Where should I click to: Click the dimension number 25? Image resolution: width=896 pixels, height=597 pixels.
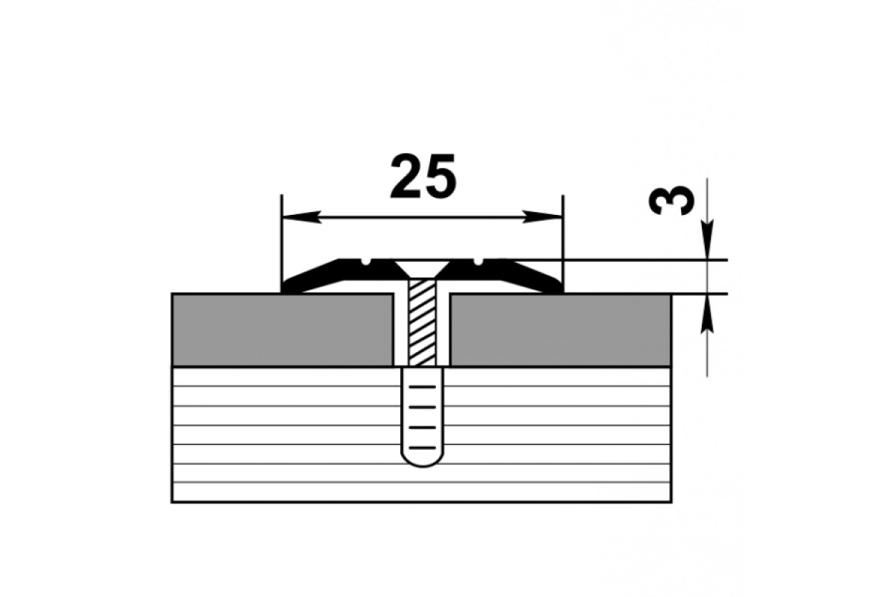click(x=423, y=176)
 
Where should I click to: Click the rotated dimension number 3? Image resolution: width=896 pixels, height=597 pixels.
click(x=671, y=201)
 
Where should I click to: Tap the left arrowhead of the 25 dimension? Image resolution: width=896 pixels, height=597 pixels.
click(x=302, y=217)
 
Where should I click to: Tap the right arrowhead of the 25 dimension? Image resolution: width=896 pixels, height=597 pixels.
click(x=543, y=217)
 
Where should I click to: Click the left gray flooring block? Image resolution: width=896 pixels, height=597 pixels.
click(x=282, y=330)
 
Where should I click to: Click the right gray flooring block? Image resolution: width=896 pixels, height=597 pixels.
click(x=561, y=330)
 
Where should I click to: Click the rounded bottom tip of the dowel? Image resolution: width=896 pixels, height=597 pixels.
click(x=423, y=466)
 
